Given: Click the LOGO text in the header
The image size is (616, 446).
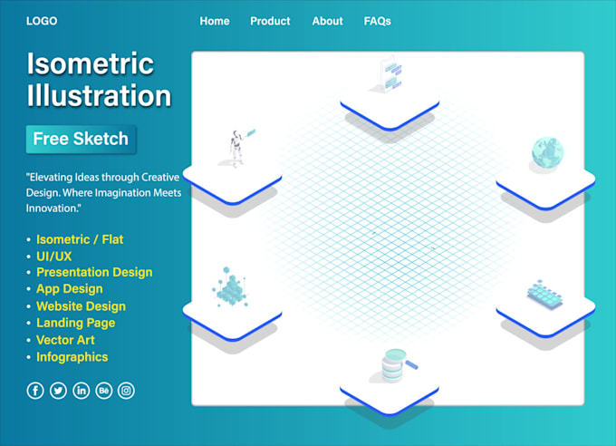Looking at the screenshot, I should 43,20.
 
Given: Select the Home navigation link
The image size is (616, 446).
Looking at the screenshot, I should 215,21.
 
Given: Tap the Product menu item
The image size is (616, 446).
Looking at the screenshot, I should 270,21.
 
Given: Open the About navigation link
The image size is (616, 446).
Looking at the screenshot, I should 327,21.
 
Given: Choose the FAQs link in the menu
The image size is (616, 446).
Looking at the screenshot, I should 377,21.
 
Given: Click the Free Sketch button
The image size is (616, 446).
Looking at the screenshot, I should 81,140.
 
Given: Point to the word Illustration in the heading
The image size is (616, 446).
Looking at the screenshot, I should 99,96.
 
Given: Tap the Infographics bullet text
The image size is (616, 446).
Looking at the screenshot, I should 72,357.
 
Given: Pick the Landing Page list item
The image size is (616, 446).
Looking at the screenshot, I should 75,323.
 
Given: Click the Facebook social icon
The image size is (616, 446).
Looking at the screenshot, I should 35,391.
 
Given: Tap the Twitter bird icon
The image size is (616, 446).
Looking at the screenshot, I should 58,391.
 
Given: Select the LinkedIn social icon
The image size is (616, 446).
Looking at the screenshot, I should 82,391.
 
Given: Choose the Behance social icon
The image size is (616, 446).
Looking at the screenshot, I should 104,391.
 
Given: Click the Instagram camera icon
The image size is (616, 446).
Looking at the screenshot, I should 127,391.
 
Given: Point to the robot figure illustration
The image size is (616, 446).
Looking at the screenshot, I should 237,148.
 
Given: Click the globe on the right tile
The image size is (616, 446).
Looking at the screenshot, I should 546,153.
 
